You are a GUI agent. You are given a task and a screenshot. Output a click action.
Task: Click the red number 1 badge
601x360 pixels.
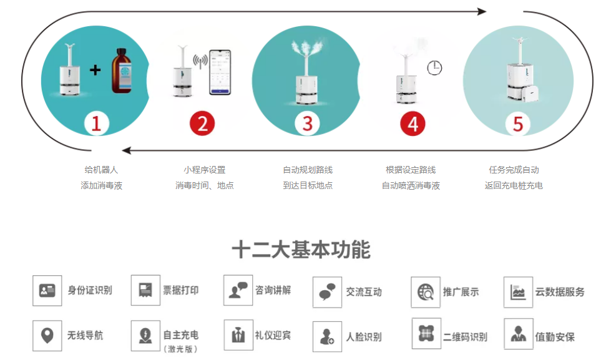[96, 124]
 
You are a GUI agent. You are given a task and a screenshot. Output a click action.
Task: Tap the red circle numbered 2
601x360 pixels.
[202, 124]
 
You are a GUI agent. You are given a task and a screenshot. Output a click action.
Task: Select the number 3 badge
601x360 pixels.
[308, 124]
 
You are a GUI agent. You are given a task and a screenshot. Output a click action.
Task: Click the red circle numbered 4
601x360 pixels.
[413, 124]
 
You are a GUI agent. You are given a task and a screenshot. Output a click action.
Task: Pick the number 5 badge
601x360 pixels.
[518, 124]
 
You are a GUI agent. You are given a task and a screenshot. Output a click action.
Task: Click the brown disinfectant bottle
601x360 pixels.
[122, 71]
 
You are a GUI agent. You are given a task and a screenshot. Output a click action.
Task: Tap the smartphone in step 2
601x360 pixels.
[220, 72]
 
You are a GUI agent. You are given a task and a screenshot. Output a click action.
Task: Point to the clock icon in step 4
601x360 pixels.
[434, 68]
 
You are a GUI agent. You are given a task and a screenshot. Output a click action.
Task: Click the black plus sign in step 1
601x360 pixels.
[95, 70]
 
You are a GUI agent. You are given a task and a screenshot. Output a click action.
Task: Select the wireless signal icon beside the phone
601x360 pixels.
[200, 61]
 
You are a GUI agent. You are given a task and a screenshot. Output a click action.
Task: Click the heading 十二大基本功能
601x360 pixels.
[301, 250]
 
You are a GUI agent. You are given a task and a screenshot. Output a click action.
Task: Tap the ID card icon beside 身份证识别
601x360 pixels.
[47, 291]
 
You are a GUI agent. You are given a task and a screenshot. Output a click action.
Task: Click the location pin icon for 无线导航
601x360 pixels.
[47, 336]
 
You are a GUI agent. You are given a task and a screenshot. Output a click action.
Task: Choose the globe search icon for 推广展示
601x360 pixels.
[426, 292]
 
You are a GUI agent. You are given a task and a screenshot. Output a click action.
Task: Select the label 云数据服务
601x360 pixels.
[560, 292]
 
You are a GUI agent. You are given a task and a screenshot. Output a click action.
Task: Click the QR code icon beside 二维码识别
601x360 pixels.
[426, 333]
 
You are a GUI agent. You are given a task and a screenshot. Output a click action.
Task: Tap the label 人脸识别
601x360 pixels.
[364, 337]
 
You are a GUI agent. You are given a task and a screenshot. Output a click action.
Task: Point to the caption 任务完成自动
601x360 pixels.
[514, 170]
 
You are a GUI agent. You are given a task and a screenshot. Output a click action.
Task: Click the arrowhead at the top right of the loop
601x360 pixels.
[482, 11]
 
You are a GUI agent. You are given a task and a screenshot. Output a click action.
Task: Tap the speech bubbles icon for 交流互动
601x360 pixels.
[327, 292]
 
